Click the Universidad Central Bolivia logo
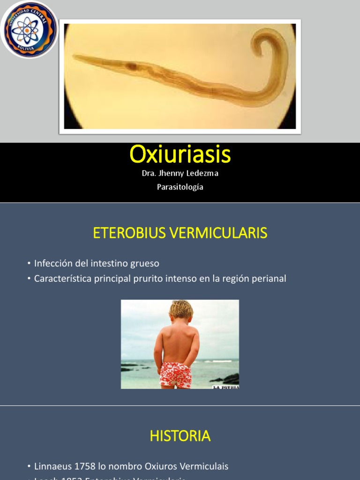point(30,30)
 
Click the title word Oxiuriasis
point(180,154)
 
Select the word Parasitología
point(180,187)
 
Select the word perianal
point(268,278)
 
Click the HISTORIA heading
point(180,436)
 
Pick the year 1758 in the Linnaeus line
point(82,466)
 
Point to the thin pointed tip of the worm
point(76,57)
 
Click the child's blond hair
point(181,309)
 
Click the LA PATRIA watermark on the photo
point(226,387)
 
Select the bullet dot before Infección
point(29,264)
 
